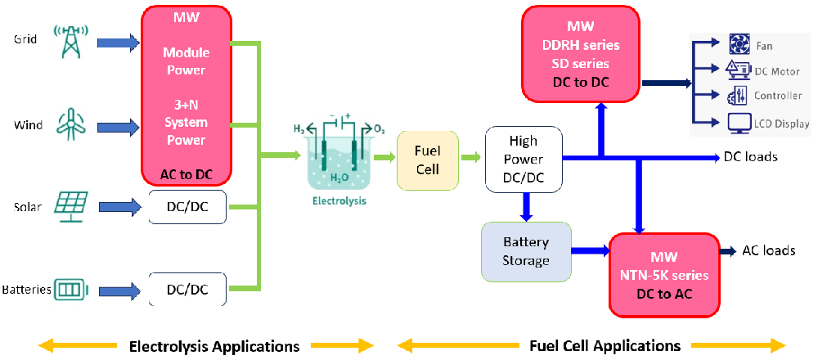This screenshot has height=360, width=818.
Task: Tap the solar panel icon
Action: pos(71,206)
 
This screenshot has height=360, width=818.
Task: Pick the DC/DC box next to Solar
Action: pos(187,208)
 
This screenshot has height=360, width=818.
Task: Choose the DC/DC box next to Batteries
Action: pos(187,289)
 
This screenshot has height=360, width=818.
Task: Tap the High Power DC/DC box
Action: pos(524,160)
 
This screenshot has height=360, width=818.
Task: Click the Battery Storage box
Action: pos(525,250)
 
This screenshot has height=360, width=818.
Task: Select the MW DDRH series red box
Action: pos(581,54)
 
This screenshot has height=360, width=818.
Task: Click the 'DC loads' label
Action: pos(750,157)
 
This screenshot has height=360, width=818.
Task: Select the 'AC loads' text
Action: pos(768,250)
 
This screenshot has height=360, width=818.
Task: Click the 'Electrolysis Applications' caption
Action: pos(214,345)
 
